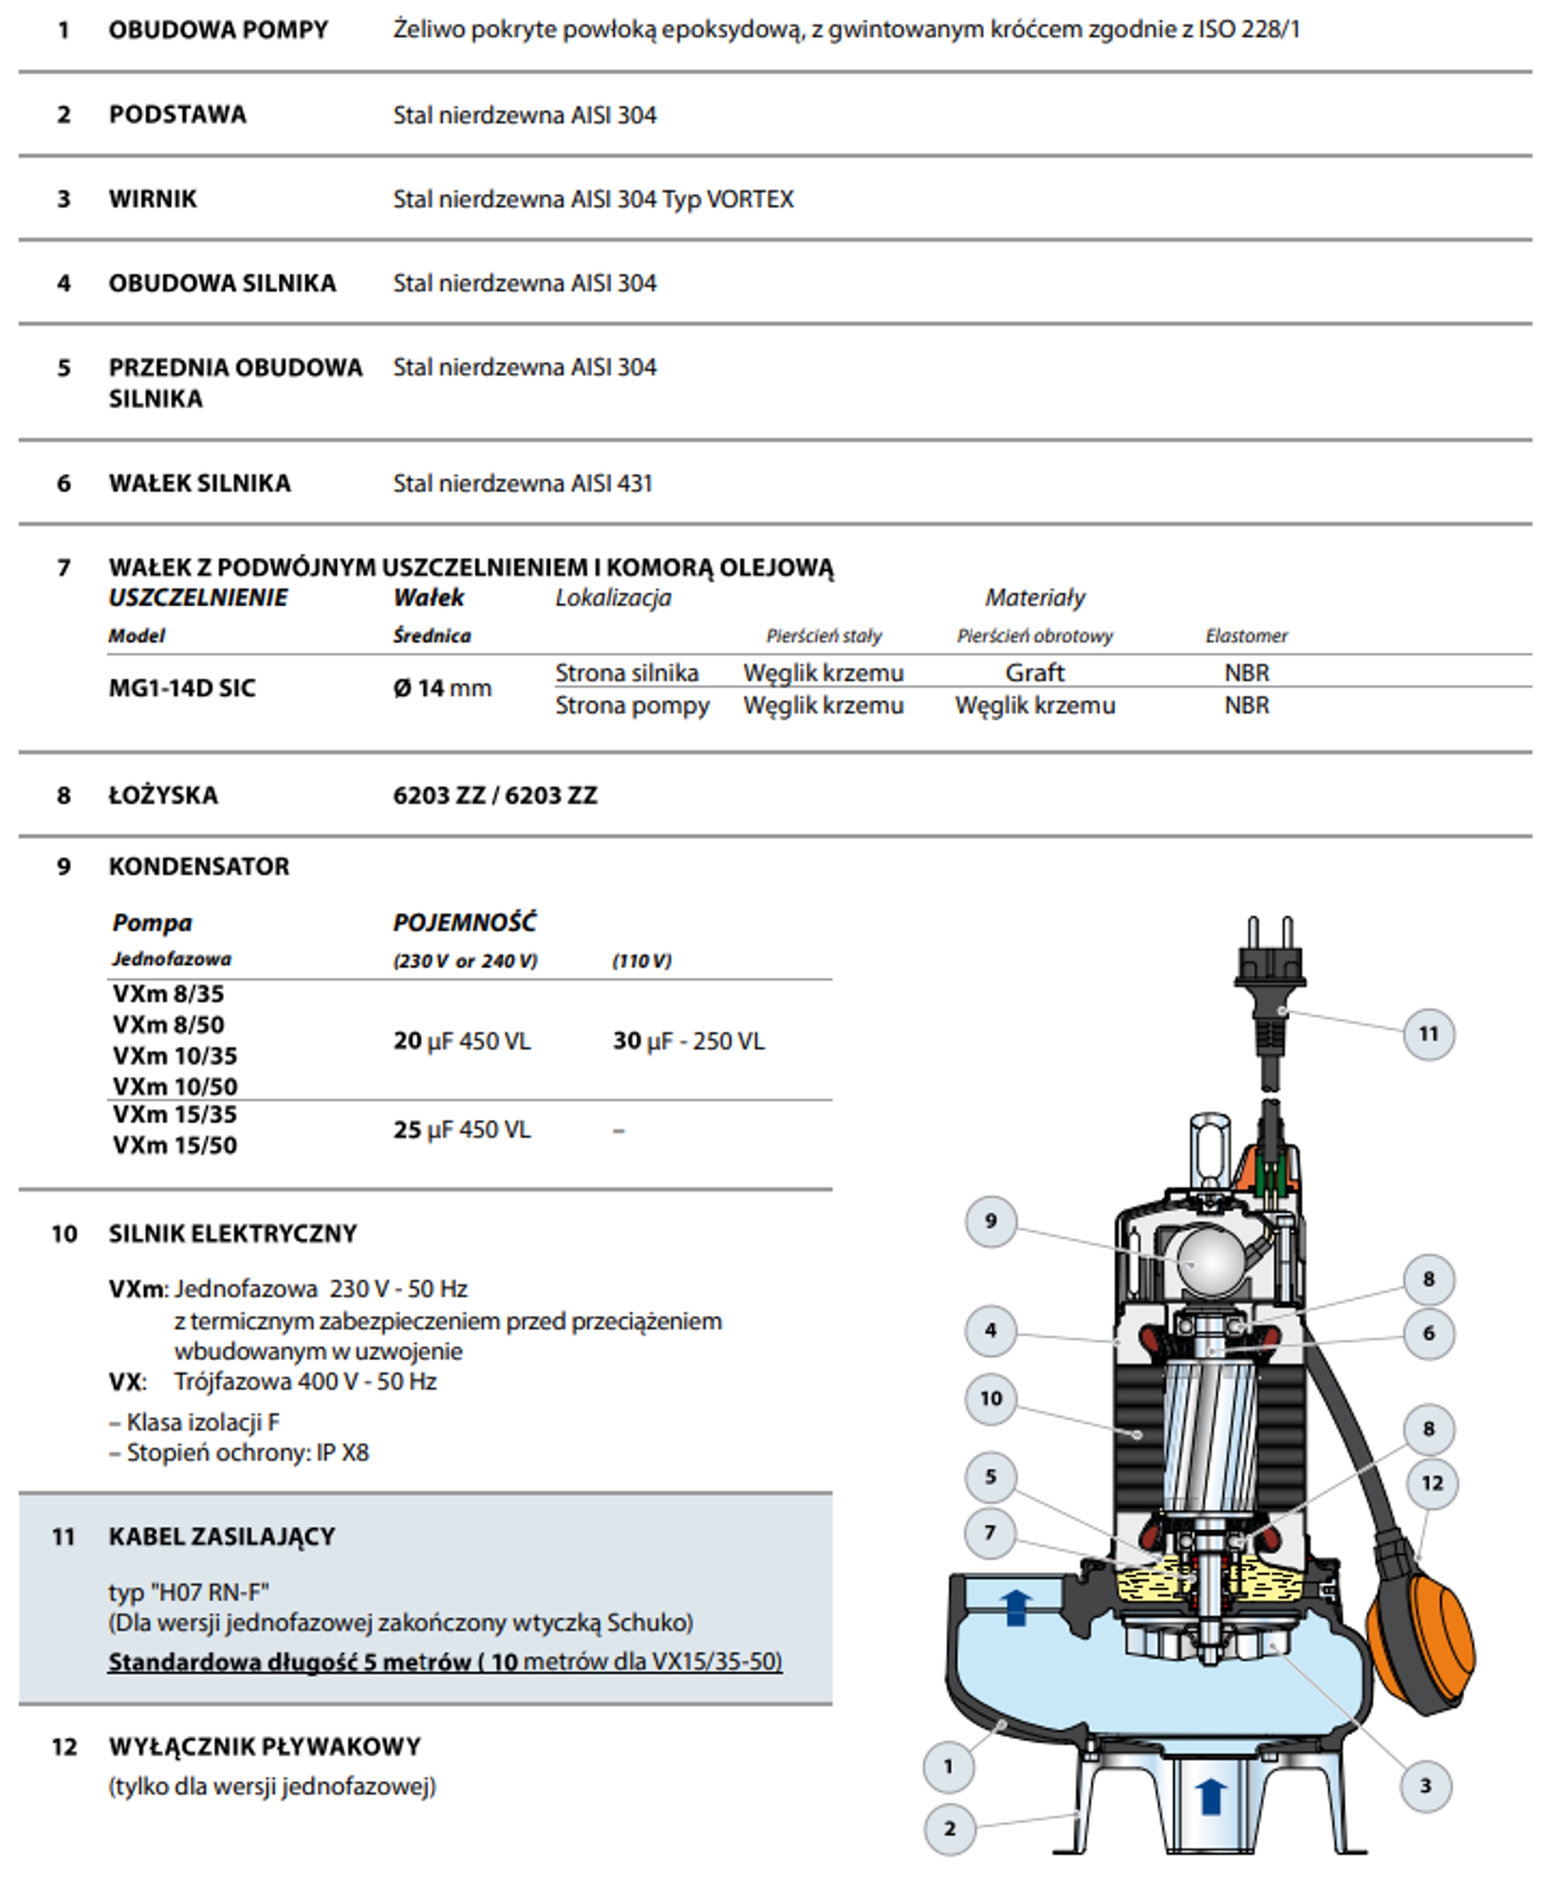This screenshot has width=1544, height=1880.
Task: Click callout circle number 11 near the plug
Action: tap(1429, 1034)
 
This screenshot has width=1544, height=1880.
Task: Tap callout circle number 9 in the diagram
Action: tap(991, 1221)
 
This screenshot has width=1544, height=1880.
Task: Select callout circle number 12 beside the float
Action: tap(1432, 1483)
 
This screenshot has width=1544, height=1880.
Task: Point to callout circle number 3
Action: tap(1426, 1786)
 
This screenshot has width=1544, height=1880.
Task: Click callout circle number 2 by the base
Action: tap(950, 1829)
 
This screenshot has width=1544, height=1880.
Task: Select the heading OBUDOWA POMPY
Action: tap(218, 30)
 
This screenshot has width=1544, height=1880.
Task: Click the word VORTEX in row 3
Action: tap(750, 199)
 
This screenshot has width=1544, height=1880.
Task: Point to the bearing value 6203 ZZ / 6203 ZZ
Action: tap(495, 795)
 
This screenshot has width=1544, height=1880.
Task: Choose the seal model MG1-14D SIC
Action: tap(181, 688)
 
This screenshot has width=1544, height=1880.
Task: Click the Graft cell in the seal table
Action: tap(1034, 673)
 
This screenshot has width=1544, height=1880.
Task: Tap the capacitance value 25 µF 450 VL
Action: tap(462, 1130)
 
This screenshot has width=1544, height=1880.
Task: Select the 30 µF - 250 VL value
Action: tap(689, 1041)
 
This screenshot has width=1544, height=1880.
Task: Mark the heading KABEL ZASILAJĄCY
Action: tap(222, 1536)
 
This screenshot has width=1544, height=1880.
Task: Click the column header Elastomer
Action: tap(1246, 636)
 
